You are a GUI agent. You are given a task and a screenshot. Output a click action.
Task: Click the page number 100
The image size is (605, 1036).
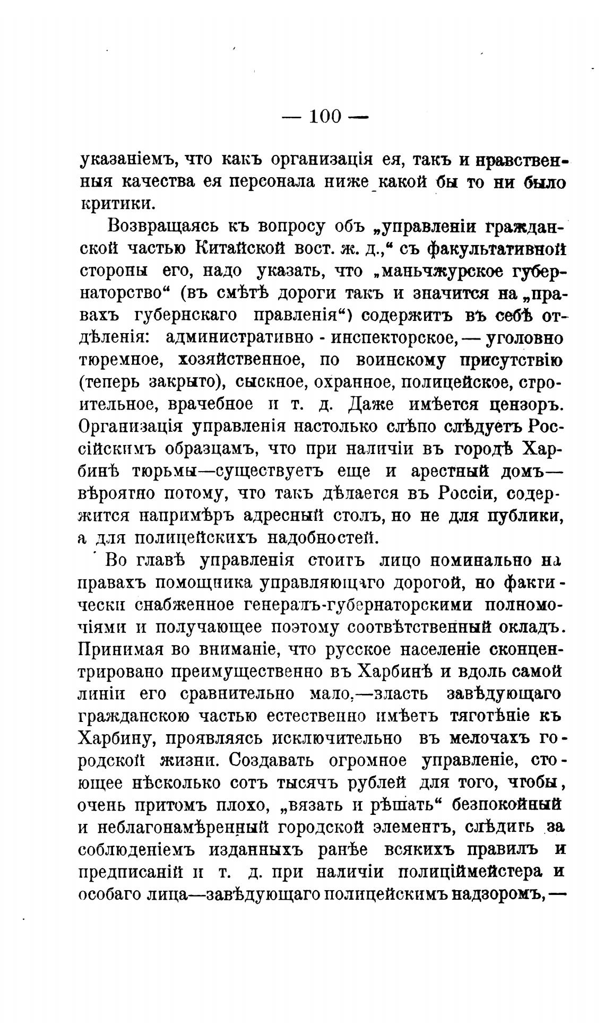[325, 116]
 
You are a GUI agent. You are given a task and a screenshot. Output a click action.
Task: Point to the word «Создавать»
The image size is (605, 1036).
[278, 760]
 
